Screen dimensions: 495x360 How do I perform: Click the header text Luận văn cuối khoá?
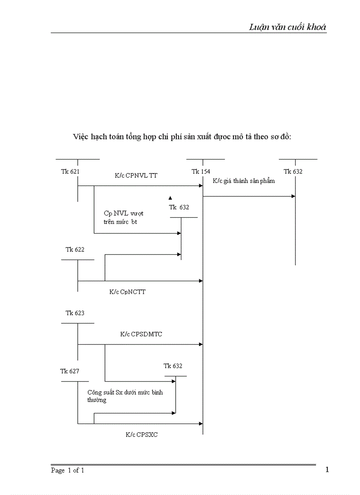(x=287, y=27)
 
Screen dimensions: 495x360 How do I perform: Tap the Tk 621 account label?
(x=70, y=171)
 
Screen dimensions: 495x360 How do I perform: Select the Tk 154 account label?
(x=201, y=171)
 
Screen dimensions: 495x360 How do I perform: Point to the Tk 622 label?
(x=75, y=249)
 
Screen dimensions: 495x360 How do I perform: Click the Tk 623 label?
(x=75, y=313)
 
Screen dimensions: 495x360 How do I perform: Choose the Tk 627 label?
(x=70, y=371)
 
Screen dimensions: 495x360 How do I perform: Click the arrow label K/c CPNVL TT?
(x=136, y=175)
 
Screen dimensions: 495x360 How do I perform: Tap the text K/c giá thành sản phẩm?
(x=244, y=181)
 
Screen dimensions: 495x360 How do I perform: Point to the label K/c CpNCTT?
(x=127, y=291)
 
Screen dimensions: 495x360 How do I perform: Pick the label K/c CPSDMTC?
(x=141, y=334)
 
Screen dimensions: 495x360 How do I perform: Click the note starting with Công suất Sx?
(x=124, y=396)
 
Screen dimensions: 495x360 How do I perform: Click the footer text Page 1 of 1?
(x=67, y=470)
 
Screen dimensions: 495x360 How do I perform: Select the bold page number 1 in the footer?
(x=327, y=469)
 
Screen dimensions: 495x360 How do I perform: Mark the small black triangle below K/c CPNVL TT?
(x=170, y=198)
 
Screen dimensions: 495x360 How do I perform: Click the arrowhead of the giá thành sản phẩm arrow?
(x=293, y=196)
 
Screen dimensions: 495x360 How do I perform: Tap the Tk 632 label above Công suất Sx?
(x=172, y=366)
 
